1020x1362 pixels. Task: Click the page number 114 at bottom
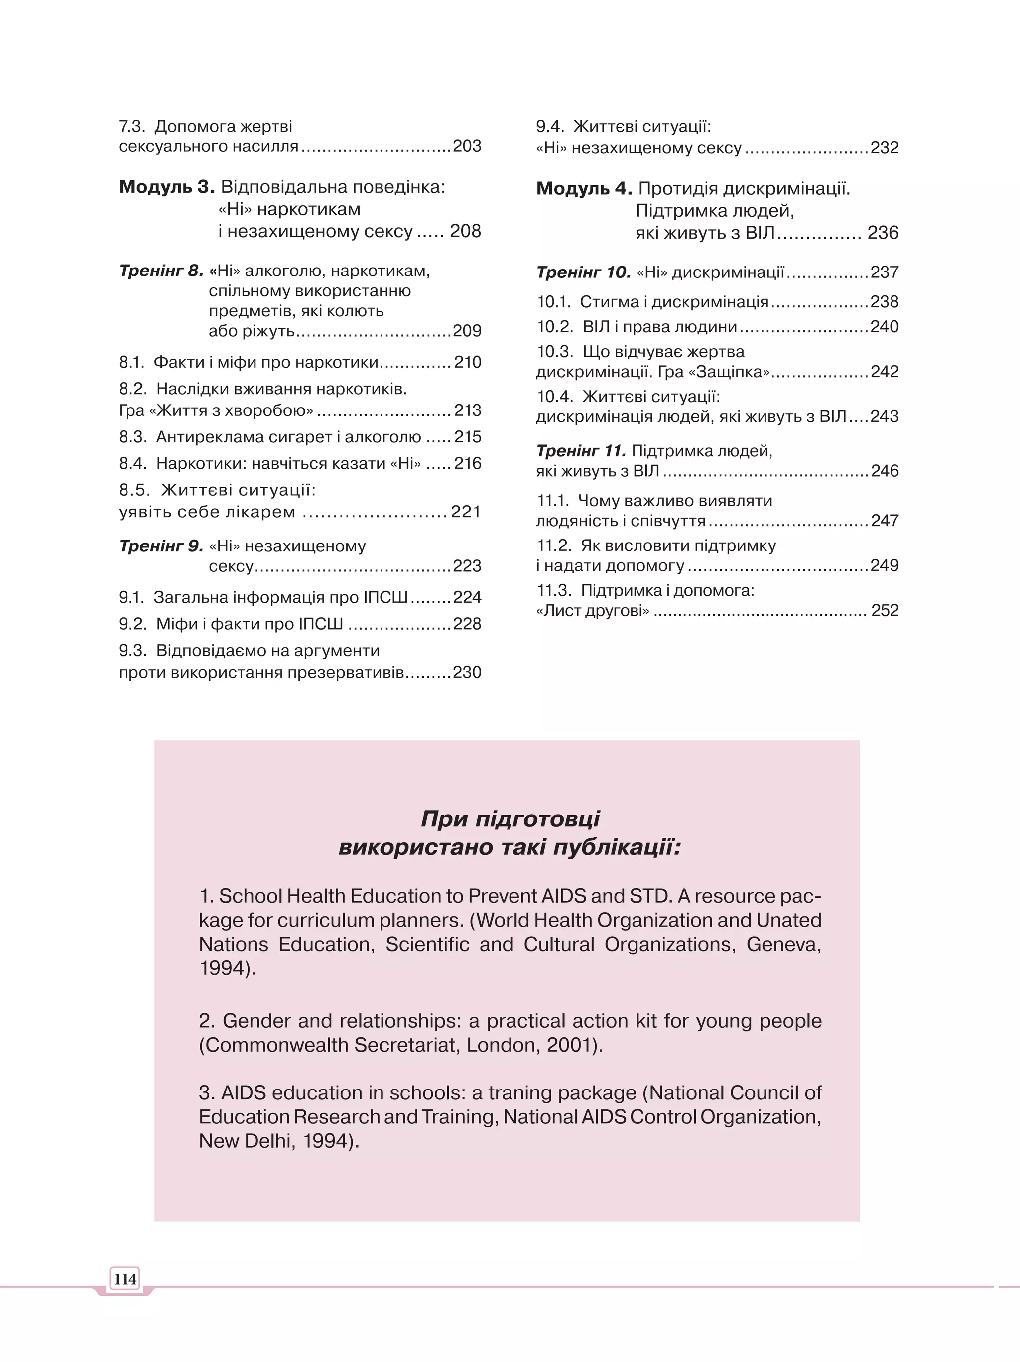(125, 1279)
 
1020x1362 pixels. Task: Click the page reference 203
(467, 146)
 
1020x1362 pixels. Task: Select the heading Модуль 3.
(166, 187)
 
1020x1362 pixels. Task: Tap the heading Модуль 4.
(584, 188)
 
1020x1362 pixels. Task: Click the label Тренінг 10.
(583, 272)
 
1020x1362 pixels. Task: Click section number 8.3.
(133, 437)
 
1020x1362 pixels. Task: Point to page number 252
(885, 610)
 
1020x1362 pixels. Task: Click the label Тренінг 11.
(581, 451)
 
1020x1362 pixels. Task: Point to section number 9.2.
(133, 624)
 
